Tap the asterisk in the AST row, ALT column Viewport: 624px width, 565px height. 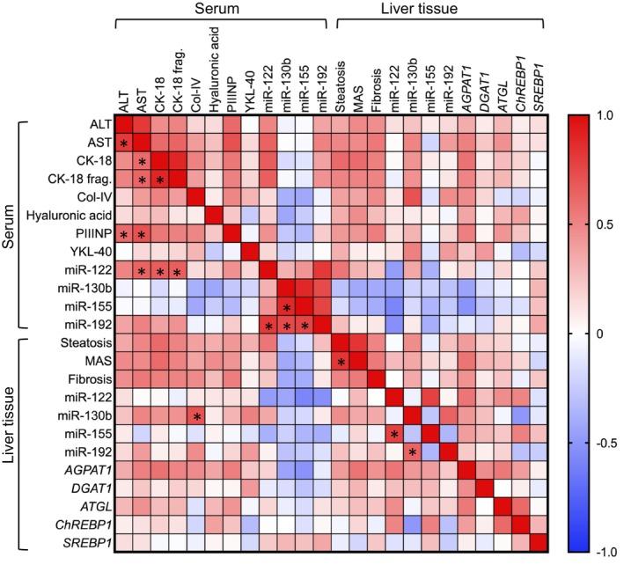pos(124,143)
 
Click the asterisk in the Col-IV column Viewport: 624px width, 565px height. pos(197,416)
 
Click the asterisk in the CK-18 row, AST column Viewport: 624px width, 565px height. pos(143,161)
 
